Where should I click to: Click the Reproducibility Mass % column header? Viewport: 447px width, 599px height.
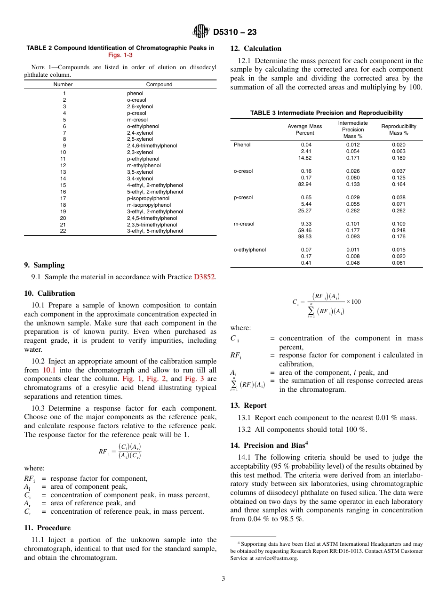[x=399, y=130]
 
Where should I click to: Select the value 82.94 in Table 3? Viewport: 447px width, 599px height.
[x=304, y=185]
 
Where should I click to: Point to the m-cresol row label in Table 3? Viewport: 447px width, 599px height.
[x=244, y=224]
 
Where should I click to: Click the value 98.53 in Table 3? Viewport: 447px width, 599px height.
[x=304, y=237]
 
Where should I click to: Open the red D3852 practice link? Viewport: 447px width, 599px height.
[x=204, y=277]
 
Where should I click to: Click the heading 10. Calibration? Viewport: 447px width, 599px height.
[x=49, y=293]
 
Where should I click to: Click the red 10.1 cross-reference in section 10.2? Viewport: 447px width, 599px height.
[x=49, y=370]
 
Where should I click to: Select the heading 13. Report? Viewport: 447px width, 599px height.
[x=248, y=405]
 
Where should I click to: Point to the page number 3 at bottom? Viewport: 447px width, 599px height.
[x=223, y=578]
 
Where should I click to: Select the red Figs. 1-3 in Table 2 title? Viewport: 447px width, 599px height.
[x=120, y=55]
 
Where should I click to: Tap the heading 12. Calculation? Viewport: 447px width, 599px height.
[x=255, y=49]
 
